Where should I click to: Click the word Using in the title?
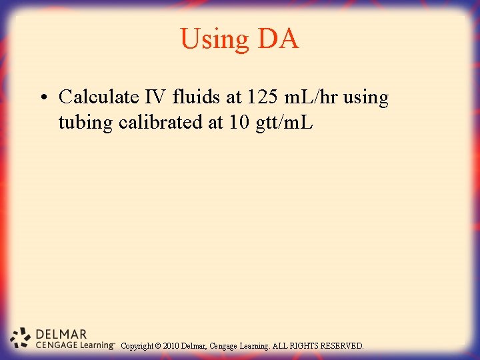[x=214, y=39]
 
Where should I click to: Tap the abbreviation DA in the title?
[x=278, y=39]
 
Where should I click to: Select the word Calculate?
[x=99, y=97]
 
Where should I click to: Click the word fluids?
[x=197, y=97]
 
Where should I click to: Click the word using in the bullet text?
[x=366, y=98]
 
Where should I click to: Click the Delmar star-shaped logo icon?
[x=21, y=339]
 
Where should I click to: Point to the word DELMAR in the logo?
[x=61, y=334]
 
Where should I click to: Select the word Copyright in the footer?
[x=137, y=346]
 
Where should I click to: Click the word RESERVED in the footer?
[x=342, y=346]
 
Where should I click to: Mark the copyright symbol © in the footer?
[x=157, y=346]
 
